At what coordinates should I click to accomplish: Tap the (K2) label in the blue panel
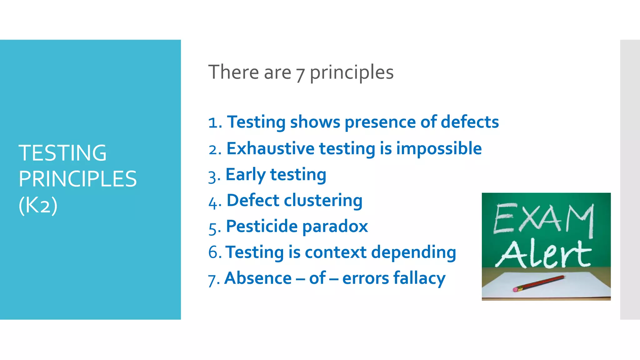click(38, 205)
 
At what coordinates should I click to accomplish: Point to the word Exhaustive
click(270, 148)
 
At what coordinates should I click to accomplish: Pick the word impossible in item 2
click(439, 149)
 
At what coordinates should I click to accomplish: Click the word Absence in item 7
click(258, 278)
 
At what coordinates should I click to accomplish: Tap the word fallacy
click(419, 279)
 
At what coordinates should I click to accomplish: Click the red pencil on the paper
click(539, 283)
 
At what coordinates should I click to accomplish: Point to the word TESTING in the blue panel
click(62, 153)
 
